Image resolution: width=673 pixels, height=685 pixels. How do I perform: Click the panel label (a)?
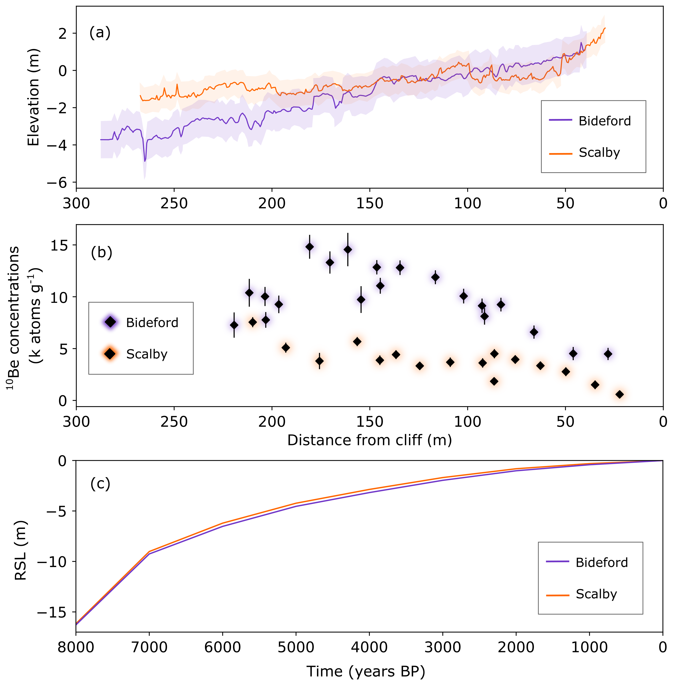pos(100,33)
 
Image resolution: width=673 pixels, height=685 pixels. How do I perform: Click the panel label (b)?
pos(101,253)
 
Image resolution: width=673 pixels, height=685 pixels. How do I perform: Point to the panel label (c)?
pos(100,483)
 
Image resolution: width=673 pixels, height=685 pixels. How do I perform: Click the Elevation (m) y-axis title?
pos(34,97)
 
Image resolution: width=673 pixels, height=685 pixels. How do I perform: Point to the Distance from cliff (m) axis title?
pos(369,440)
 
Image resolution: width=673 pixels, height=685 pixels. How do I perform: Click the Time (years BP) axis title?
pos(366,671)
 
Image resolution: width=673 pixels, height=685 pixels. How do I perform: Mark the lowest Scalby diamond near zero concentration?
pos(619,394)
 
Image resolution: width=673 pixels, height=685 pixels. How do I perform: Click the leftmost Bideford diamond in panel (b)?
pos(234,325)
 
